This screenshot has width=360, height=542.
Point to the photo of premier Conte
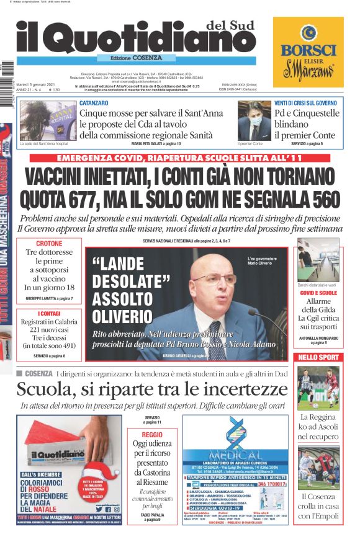pos(254,120)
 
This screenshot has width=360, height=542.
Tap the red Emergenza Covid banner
pos(179,158)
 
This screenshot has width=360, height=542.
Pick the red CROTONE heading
pos(49,244)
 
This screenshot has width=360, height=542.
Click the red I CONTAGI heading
pos(49,314)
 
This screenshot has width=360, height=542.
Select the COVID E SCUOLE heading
pos(318,293)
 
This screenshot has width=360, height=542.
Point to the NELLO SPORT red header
pos(318,358)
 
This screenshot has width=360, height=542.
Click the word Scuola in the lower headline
pos(49,389)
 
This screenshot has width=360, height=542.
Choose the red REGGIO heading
pos(152,435)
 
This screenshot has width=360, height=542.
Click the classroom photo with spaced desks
pos(318,259)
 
